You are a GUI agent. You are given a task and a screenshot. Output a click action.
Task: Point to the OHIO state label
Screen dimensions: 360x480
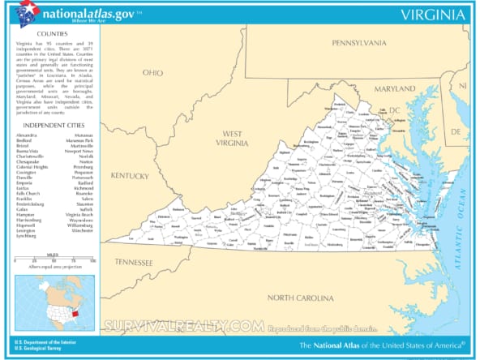tap(152, 72)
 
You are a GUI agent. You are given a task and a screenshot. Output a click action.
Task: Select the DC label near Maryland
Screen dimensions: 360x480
tap(395, 109)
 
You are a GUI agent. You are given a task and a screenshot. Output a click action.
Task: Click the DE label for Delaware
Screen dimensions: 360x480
tap(455, 131)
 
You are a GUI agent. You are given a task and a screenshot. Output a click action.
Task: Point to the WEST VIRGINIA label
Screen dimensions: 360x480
tap(233, 138)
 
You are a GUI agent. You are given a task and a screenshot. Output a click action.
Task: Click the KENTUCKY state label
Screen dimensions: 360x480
tap(131, 176)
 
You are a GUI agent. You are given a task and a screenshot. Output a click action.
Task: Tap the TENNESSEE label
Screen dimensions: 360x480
tap(133, 262)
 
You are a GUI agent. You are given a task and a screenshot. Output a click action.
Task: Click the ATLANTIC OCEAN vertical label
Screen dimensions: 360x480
tap(461, 211)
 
